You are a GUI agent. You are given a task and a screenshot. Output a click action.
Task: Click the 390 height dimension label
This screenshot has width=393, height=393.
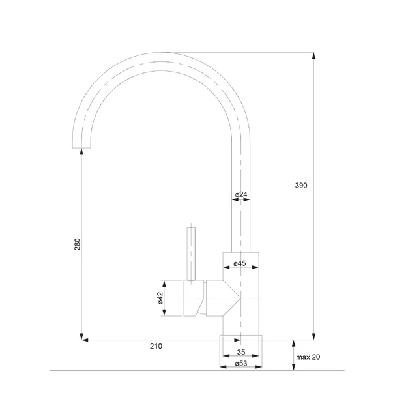point(300,186)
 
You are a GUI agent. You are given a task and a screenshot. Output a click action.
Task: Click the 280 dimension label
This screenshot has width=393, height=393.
point(77,245)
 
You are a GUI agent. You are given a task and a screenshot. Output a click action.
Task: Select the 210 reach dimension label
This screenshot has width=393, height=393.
point(156,346)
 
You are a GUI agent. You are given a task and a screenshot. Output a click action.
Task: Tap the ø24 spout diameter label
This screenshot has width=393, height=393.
point(240,194)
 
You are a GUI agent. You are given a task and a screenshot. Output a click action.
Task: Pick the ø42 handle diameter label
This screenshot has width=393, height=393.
point(160,298)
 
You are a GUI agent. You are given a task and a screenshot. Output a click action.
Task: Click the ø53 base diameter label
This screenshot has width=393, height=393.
point(240,363)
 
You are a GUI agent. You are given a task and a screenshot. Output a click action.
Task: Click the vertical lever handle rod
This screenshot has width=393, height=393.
point(191,254)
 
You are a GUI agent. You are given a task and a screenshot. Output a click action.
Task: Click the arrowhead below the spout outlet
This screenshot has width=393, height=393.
point(81,153)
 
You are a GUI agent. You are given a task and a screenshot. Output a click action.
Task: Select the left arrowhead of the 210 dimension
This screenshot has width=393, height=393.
point(83,340)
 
